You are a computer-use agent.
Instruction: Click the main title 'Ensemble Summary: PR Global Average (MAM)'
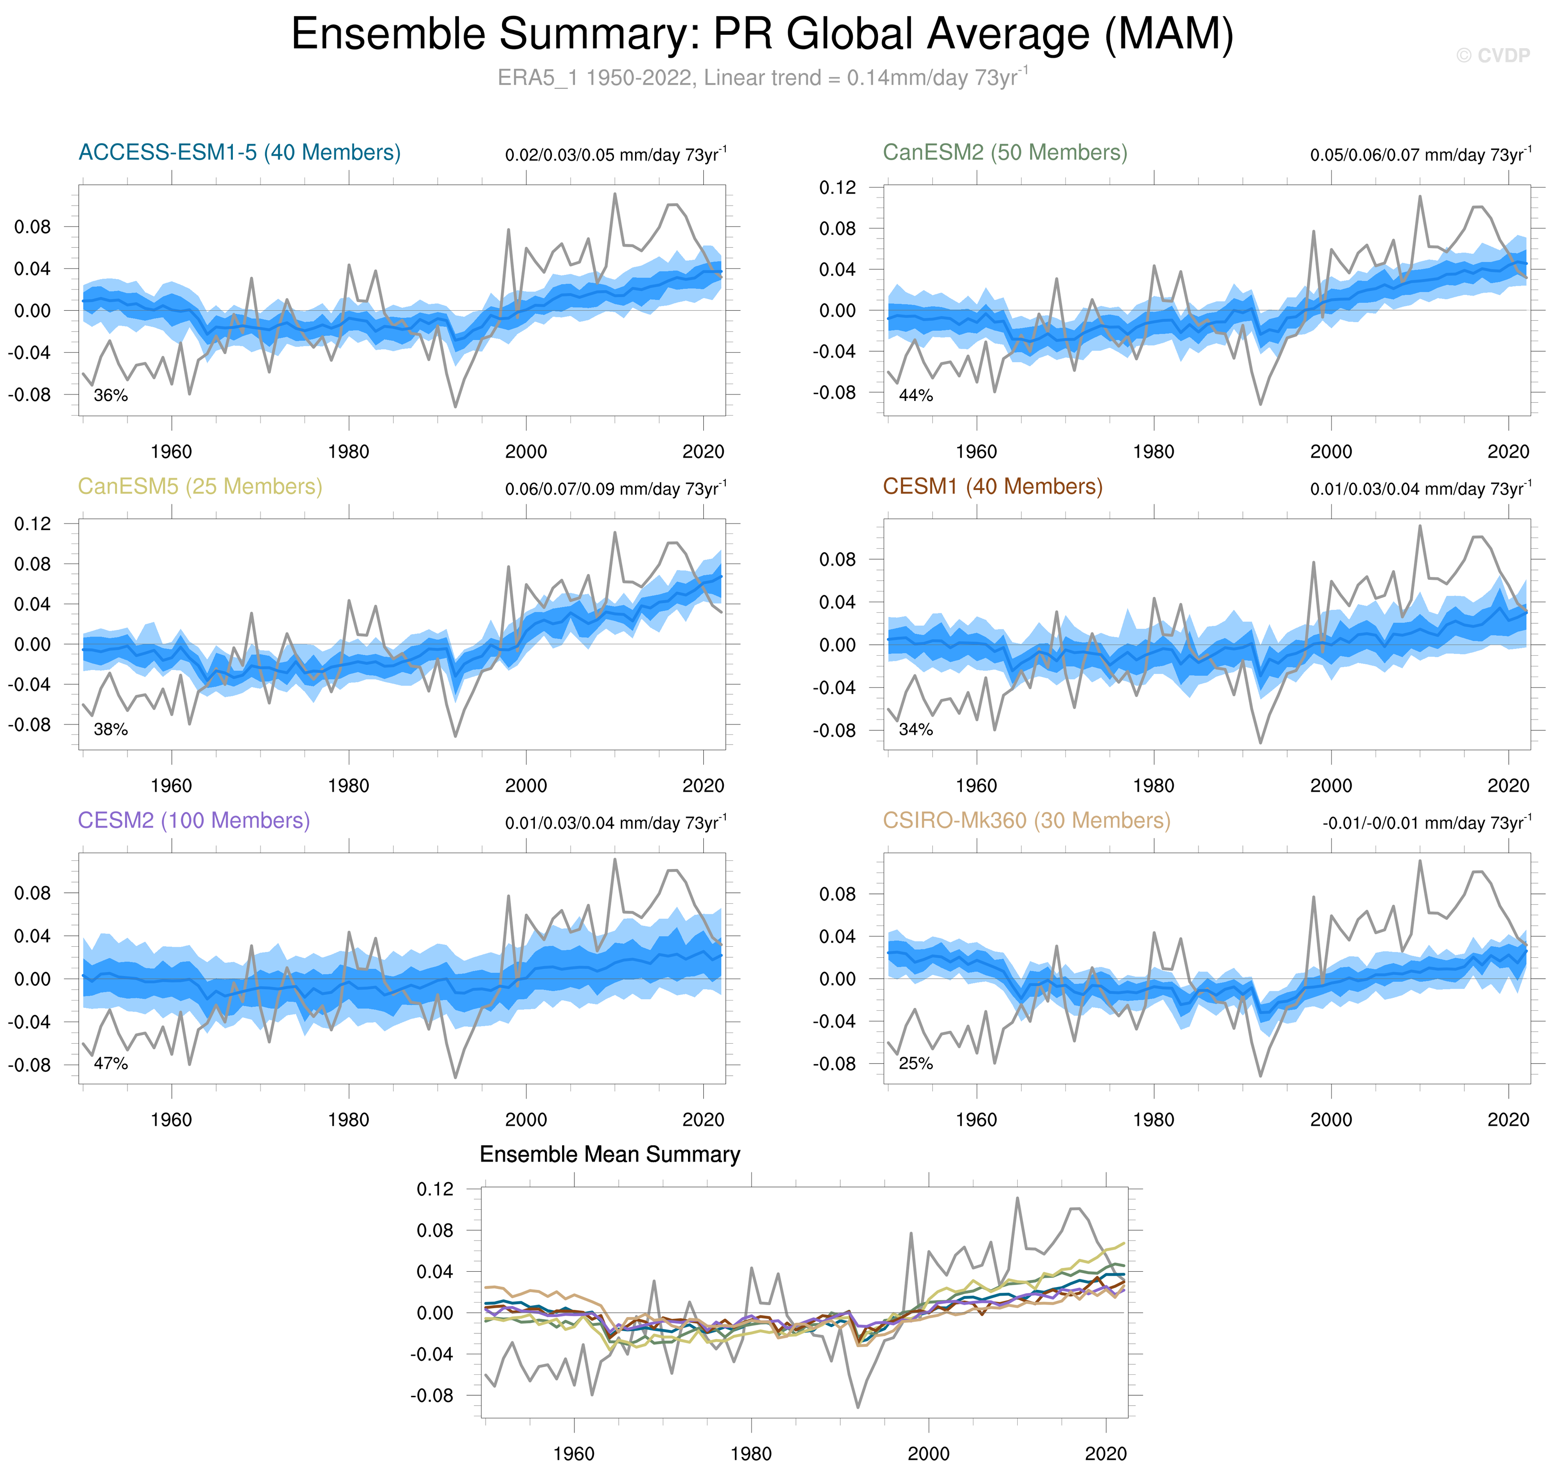761,35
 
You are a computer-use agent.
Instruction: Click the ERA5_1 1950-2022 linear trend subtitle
761,78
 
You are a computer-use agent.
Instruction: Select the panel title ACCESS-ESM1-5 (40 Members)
239,153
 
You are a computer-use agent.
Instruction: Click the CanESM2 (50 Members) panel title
1005,153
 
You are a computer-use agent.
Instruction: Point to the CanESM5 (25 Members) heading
200,487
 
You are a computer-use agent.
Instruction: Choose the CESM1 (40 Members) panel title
992,487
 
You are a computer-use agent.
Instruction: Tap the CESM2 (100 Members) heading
194,821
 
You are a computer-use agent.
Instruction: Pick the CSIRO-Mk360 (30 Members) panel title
1026,821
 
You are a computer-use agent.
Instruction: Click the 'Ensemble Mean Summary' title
610,1154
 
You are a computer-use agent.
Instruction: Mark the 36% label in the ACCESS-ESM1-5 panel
111,396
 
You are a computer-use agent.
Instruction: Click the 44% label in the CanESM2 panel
916,396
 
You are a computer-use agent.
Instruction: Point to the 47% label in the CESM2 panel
111,1064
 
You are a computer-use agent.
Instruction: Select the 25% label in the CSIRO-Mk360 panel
916,1064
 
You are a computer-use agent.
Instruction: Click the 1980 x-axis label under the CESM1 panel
1154,785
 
